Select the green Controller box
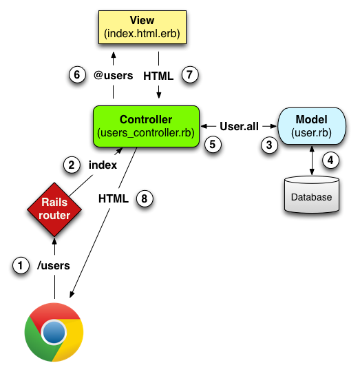(x=145, y=126)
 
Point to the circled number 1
(x=23, y=265)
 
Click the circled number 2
(x=70, y=165)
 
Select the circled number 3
(x=269, y=145)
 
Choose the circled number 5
(x=213, y=144)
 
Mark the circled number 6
(x=78, y=75)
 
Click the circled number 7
(x=189, y=75)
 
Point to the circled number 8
(x=144, y=198)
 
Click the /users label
(x=53, y=265)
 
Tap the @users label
(x=113, y=75)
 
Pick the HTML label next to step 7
(x=158, y=75)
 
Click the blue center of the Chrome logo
(x=54, y=334)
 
